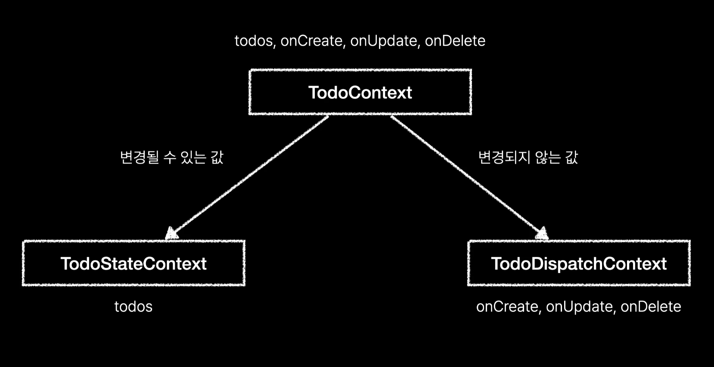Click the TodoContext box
tap(360, 92)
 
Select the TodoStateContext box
tap(133, 263)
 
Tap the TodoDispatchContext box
tap(579, 263)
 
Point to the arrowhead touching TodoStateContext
tap(172, 233)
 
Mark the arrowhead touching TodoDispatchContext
tap(542, 233)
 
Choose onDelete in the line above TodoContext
tap(455, 41)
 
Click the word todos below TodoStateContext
tap(133, 307)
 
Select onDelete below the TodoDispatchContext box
tap(651, 307)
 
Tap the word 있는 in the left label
tap(193, 157)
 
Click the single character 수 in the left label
tap(170, 157)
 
